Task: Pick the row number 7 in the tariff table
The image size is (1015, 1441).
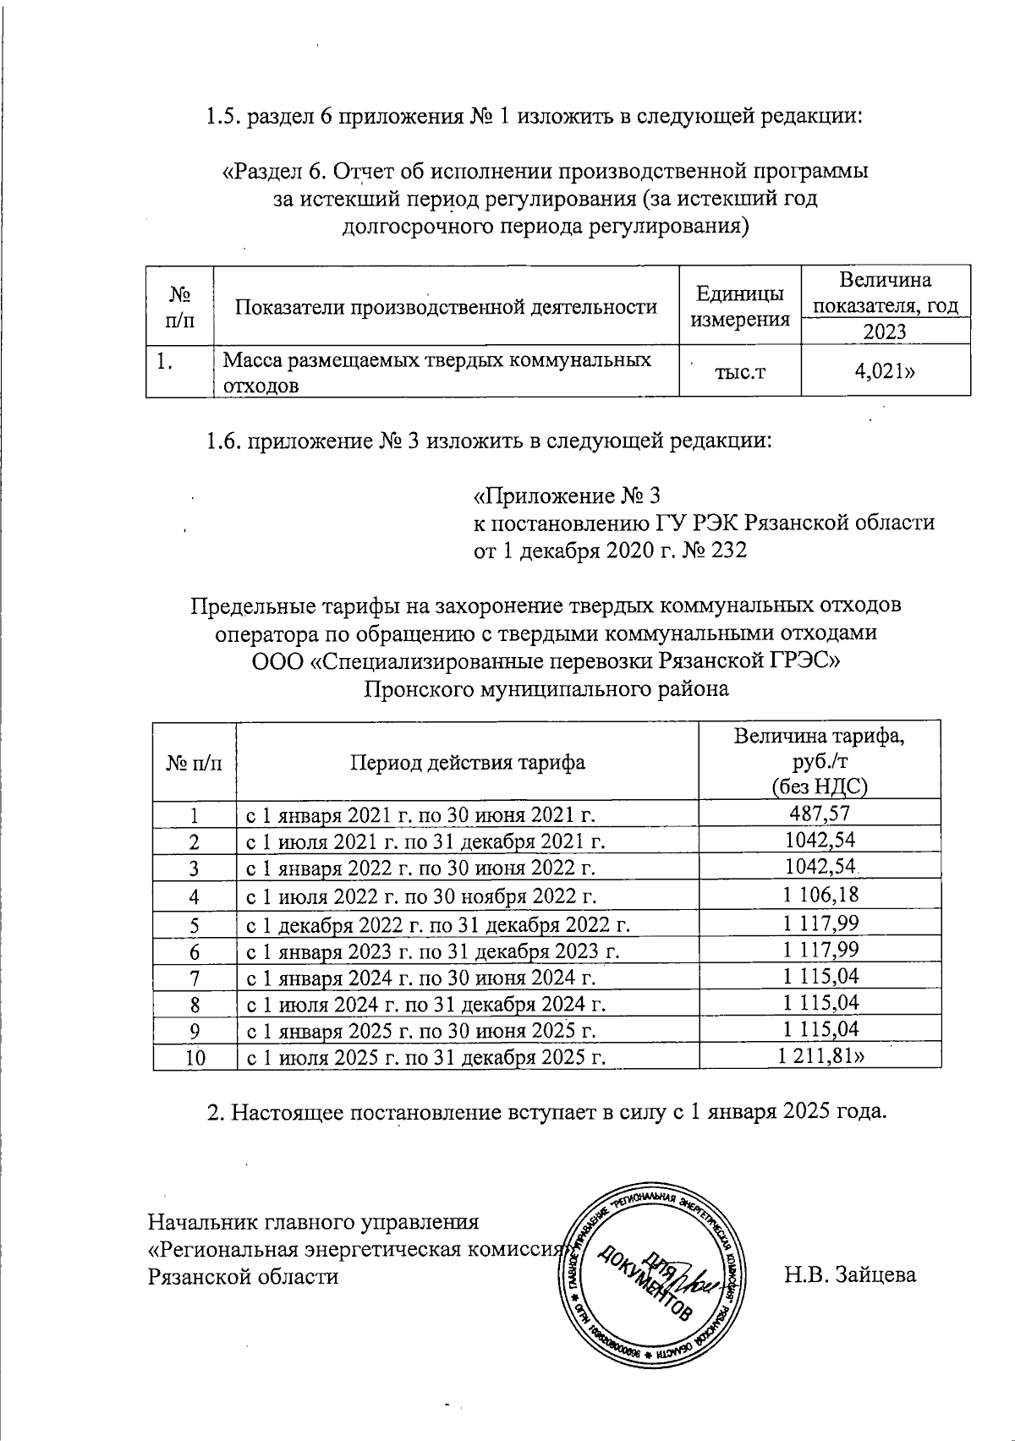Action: click(x=195, y=977)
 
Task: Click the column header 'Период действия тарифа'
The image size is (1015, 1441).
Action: click(x=468, y=762)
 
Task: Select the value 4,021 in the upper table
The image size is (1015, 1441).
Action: click(x=884, y=370)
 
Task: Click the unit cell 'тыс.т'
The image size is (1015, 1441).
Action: click(x=740, y=371)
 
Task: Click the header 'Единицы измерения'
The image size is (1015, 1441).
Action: click(x=740, y=305)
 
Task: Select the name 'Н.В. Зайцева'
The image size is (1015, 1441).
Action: click(x=850, y=1274)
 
